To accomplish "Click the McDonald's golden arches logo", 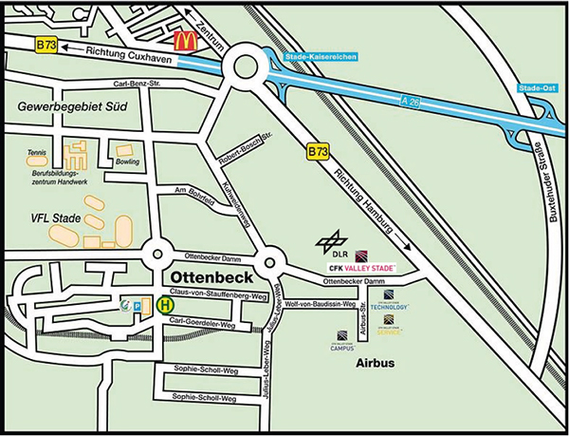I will click(186, 40).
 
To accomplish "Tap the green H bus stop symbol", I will click(165, 305).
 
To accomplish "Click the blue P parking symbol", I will click(138, 307).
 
